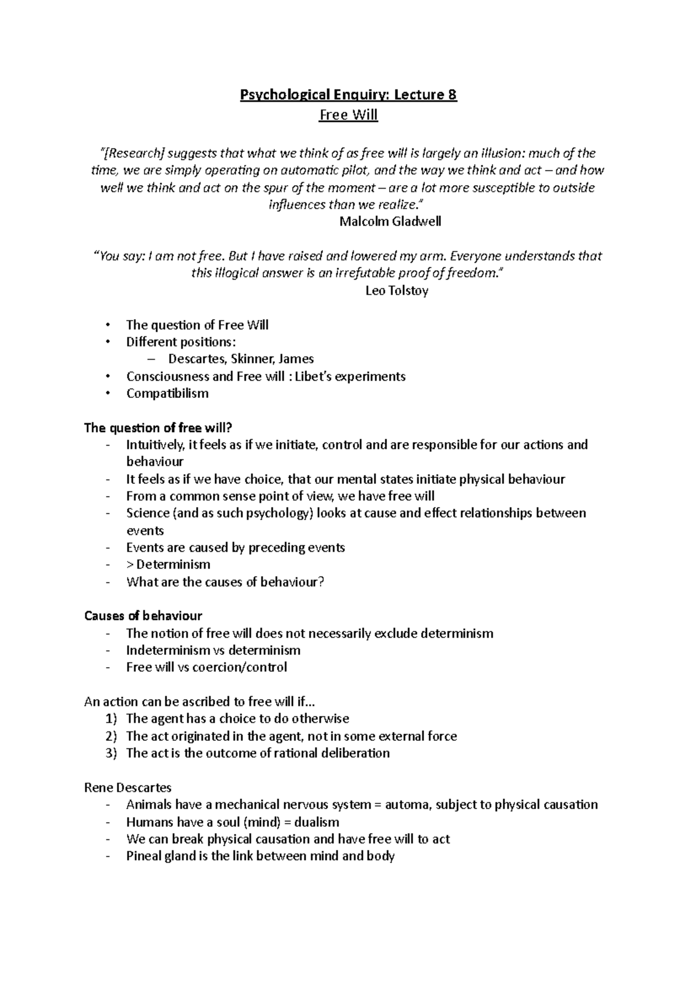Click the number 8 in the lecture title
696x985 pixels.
[452, 95]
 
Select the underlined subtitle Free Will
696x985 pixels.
[349, 115]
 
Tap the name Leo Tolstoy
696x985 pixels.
[397, 291]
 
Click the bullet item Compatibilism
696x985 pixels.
[167, 393]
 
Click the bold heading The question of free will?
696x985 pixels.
[158, 428]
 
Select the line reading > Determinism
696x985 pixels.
[168, 564]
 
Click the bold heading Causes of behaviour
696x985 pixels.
[143, 615]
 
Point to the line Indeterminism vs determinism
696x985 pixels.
[213, 650]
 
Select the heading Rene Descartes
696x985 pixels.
[128, 788]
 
